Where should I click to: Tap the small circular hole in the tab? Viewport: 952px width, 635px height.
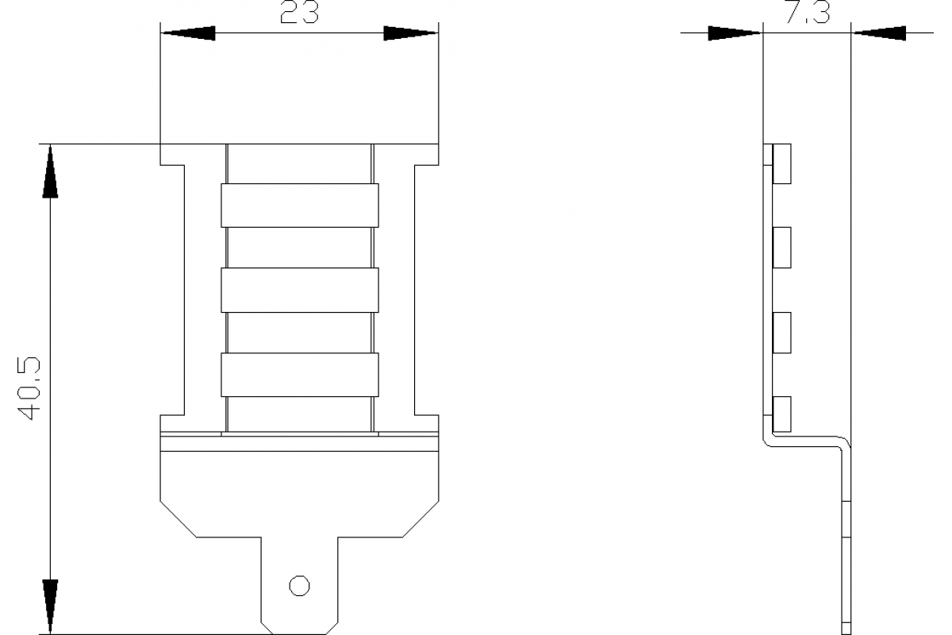tap(299, 586)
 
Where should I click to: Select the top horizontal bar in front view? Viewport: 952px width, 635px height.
tap(299, 206)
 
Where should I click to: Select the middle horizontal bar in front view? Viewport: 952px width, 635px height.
tap(299, 290)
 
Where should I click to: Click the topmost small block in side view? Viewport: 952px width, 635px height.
tap(781, 164)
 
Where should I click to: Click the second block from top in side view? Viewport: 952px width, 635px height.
tap(781, 245)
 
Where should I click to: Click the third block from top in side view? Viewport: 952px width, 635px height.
tap(781, 333)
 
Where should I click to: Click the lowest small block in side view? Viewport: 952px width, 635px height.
tap(781, 414)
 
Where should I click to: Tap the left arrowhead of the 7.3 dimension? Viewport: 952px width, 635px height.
tap(735, 33)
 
